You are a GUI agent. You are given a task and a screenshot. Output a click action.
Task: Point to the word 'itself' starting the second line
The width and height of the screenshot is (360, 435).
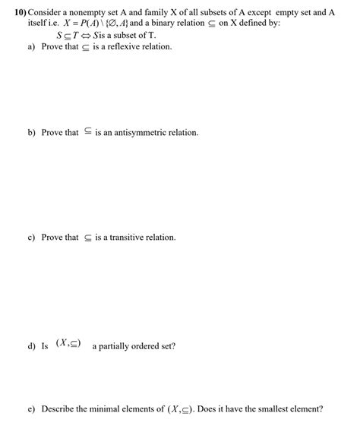click(36, 24)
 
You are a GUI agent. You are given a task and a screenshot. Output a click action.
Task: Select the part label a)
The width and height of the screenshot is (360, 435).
click(32, 47)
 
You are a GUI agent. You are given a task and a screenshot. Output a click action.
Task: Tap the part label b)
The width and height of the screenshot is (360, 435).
click(32, 133)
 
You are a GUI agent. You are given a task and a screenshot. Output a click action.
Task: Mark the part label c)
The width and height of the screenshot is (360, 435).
click(32, 238)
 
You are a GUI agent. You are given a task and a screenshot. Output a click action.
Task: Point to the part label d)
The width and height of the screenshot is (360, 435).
click(32, 346)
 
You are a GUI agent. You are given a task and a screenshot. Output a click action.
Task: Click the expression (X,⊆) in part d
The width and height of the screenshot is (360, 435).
click(69, 345)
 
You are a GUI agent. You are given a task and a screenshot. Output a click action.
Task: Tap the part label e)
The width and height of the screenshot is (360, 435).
click(32, 408)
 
